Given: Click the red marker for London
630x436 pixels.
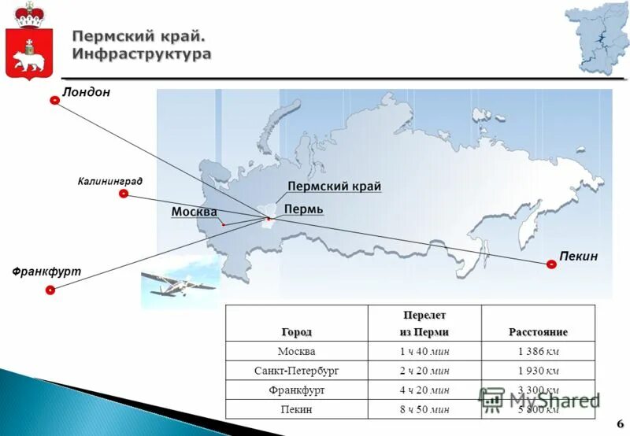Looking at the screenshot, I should click(54, 101).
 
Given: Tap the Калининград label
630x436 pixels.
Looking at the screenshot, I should click(110, 181).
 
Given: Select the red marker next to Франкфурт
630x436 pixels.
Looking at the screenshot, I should click(50, 290).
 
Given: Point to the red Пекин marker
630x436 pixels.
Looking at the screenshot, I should click(551, 264).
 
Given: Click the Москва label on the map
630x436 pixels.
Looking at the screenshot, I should click(194, 212).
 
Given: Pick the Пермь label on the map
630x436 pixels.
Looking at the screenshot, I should click(303, 209).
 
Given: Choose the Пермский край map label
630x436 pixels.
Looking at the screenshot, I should click(334, 187).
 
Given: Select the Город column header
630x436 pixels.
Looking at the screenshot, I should click(296, 331).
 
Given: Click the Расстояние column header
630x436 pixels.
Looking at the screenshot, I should click(538, 331).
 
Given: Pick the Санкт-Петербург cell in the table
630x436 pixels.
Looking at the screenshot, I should click(296, 370).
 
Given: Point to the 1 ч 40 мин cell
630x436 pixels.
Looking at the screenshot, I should click(424, 351).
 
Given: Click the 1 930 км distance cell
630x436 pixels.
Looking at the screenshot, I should click(538, 370).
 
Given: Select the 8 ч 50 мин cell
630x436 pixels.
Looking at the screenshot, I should click(424, 409).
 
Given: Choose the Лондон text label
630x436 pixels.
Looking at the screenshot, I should click(87, 92).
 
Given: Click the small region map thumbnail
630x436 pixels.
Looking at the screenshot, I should click(595, 39).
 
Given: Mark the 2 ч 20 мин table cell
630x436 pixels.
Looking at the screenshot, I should click(424, 370).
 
